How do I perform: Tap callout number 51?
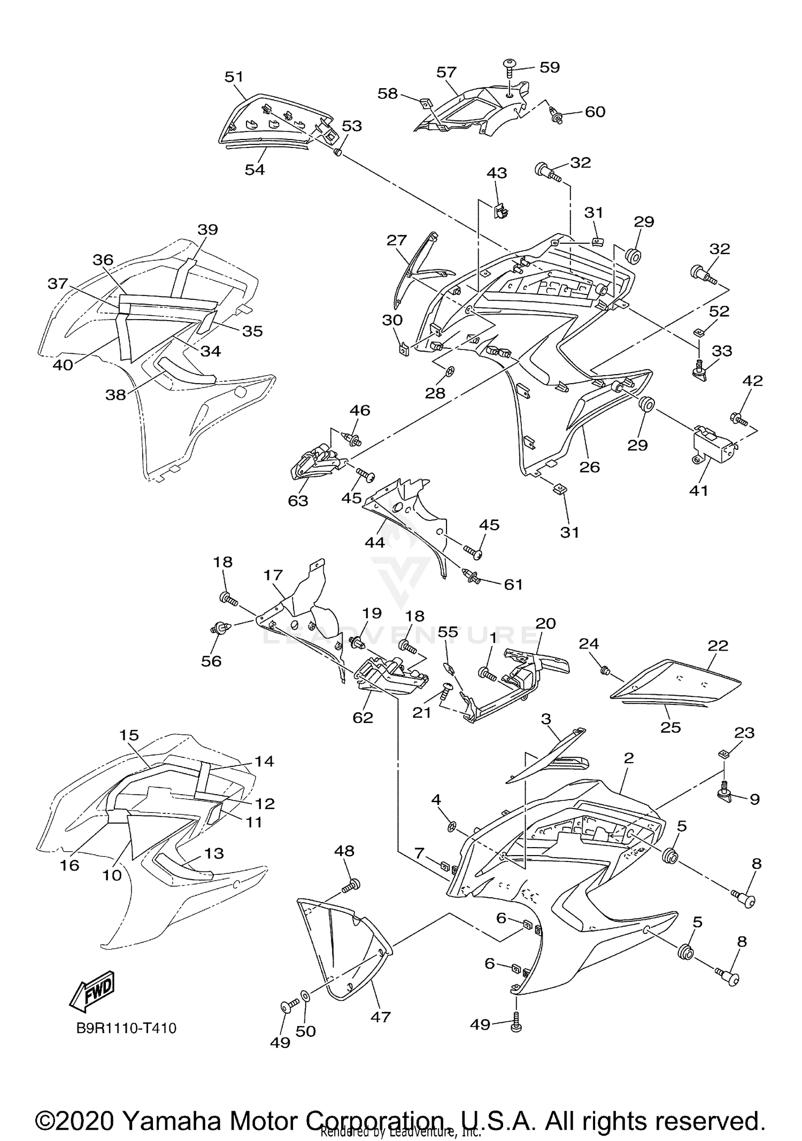[x=234, y=77]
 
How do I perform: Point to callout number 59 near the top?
[x=549, y=67]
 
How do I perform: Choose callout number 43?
[x=497, y=173]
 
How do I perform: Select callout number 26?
[x=590, y=467]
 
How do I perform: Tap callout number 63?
[x=298, y=501]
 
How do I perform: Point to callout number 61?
[x=513, y=585]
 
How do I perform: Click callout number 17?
[x=273, y=576]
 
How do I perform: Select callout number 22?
[x=718, y=646]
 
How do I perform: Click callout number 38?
[x=115, y=394]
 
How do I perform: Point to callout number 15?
[x=129, y=735]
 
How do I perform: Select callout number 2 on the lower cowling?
[x=629, y=758]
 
